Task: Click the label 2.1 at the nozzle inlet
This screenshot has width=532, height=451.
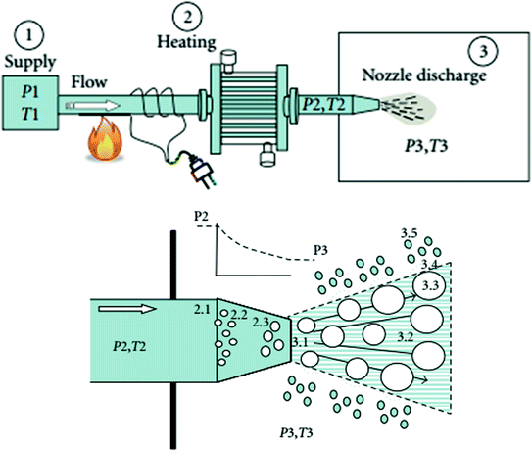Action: pos(203,309)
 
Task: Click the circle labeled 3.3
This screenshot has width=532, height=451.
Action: pos(428,286)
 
